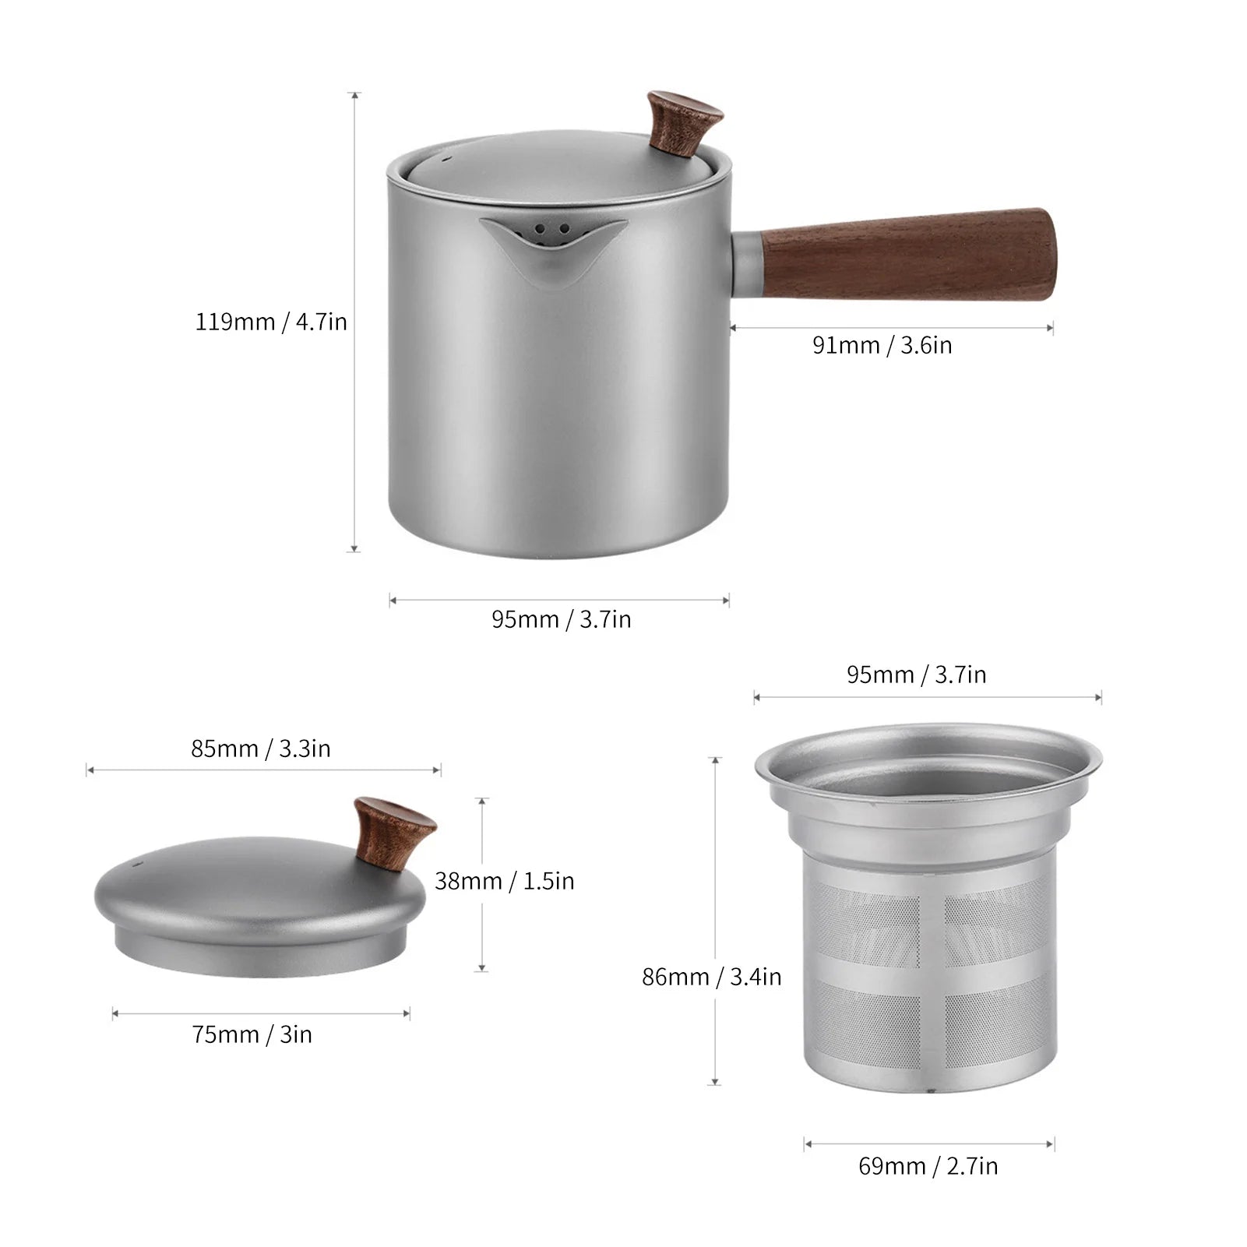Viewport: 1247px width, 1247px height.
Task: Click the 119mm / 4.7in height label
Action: pos(271,322)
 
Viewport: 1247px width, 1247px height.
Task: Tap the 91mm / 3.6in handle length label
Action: pos(882,345)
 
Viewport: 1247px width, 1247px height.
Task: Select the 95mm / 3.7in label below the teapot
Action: pos(561,619)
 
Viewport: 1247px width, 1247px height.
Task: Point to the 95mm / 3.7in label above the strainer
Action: pos(916,675)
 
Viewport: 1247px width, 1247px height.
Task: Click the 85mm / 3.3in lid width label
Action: pos(261,749)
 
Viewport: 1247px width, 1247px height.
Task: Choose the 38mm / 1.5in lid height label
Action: pos(504,881)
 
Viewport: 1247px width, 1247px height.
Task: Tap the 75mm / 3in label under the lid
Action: pos(252,1034)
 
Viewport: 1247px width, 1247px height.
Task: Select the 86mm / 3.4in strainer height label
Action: pos(711,977)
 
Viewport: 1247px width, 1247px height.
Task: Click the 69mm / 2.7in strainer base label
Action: pos(928,1166)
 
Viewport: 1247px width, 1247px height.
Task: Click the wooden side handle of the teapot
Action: pos(907,254)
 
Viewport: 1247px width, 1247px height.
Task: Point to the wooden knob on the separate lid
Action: pos(393,832)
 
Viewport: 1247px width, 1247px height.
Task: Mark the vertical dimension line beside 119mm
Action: pos(355,322)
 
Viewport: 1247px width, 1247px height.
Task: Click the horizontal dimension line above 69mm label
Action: pos(929,1144)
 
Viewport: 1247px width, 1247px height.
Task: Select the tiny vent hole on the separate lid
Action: pos(133,865)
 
